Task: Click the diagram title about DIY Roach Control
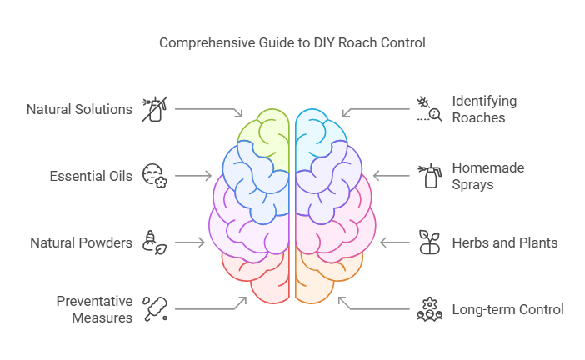[292, 42]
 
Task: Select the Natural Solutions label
[79, 109]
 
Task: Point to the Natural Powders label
[82, 242]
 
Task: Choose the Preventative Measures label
[94, 309]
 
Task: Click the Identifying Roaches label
[484, 109]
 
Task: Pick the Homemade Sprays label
[487, 176]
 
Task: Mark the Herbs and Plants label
[504, 242]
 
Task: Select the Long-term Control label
[507, 309]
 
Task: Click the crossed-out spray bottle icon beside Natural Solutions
[152, 109]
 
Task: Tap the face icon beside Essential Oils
[153, 176]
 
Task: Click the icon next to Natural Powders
[153, 242]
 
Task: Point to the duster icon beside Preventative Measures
[153, 307]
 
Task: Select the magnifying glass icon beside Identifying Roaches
[428, 109]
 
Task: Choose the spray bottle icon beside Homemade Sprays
[430, 176]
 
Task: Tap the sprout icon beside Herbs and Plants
[428, 242]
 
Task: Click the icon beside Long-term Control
[428, 309]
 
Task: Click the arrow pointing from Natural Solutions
[208, 110]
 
